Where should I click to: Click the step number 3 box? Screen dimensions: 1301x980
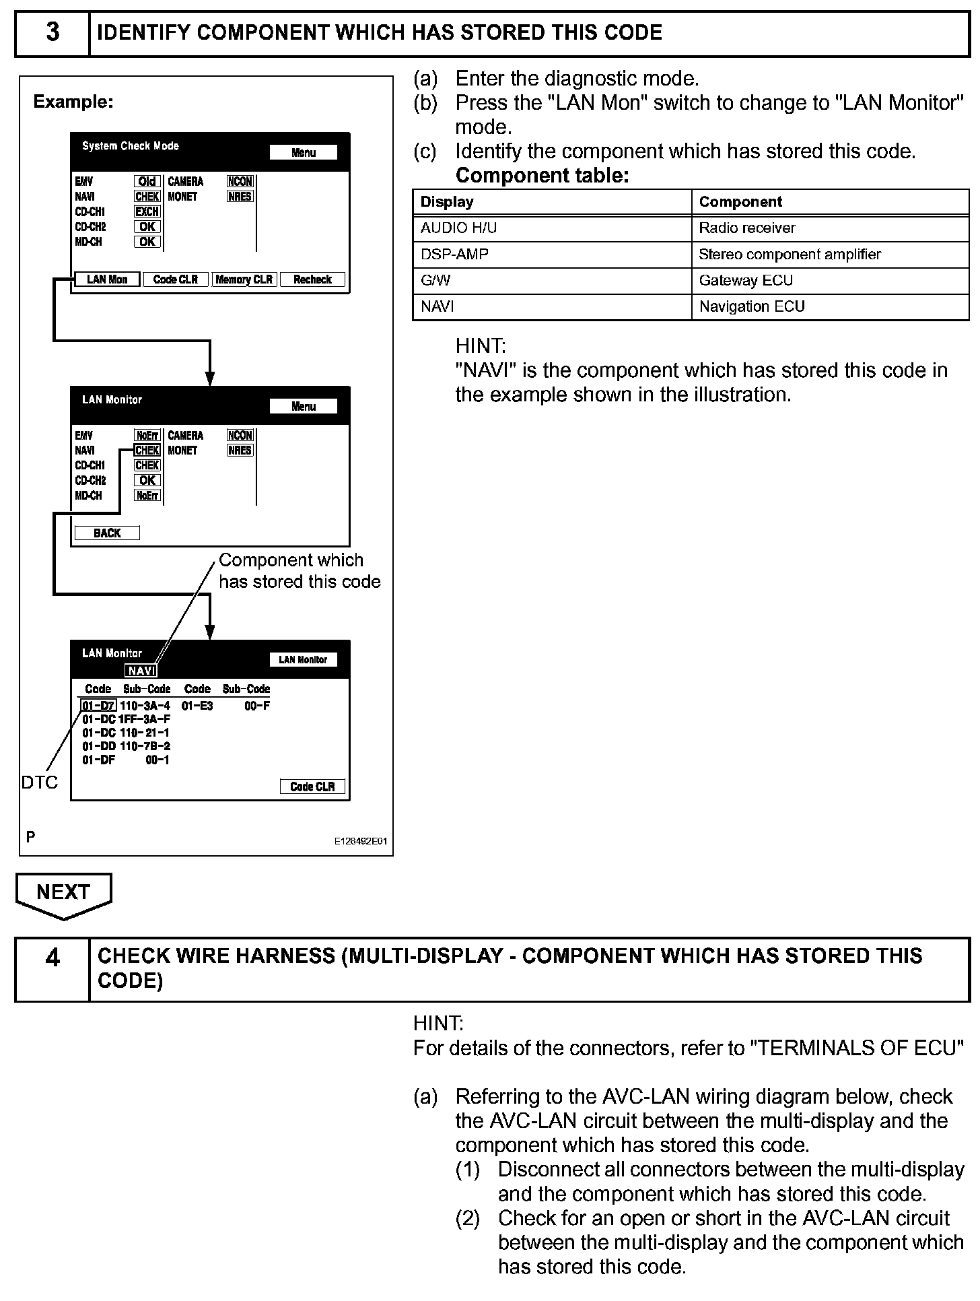click(x=53, y=33)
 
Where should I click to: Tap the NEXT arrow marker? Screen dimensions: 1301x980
click(x=63, y=894)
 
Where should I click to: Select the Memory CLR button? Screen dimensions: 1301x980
click(x=244, y=279)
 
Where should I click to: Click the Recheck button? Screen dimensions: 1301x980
click(x=312, y=279)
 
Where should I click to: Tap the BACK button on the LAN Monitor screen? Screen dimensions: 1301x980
click(x=107, y=533)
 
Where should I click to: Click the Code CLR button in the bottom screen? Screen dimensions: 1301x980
click(x=312, y=787)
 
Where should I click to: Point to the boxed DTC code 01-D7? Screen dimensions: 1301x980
click(x=99, y=706)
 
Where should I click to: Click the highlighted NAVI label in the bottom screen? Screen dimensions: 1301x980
click(x=141, y=671)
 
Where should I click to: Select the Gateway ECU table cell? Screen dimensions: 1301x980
click(x=746, y=281)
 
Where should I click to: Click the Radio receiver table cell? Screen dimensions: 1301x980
click(x=747, y=228)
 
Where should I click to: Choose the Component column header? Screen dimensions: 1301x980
click(x=740, y=202)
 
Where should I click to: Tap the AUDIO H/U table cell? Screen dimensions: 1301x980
click(x=459, y=228)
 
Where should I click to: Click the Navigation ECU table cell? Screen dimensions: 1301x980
click(x=752, y=307)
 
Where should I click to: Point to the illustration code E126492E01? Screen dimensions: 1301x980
click(x=361, y=841)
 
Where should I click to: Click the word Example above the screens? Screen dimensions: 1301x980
click(x=73, y=102)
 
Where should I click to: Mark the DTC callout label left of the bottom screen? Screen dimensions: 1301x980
click(x=40, y=782)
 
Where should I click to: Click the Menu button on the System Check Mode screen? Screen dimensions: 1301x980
click(x=304, y=153)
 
